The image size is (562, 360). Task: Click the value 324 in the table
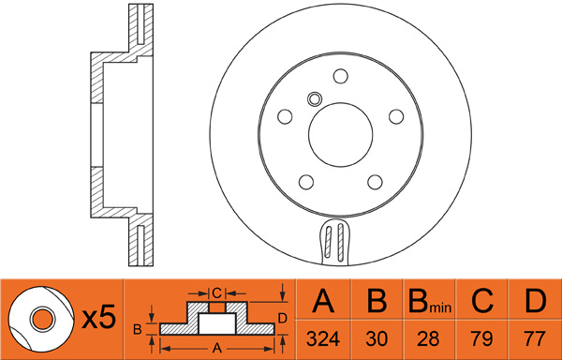point(323,338)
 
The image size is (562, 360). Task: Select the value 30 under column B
point(377,338)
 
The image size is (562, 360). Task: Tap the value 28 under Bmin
point(429,338)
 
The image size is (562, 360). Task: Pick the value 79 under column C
point(481,338)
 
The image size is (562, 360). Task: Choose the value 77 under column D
point(535,338)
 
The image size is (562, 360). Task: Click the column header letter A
point(323,301)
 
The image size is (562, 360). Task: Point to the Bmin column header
point(430,302)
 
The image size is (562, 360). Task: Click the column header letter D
point(535,301)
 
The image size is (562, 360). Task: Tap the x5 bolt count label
point(99,318)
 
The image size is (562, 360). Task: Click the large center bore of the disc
point(341,135)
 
